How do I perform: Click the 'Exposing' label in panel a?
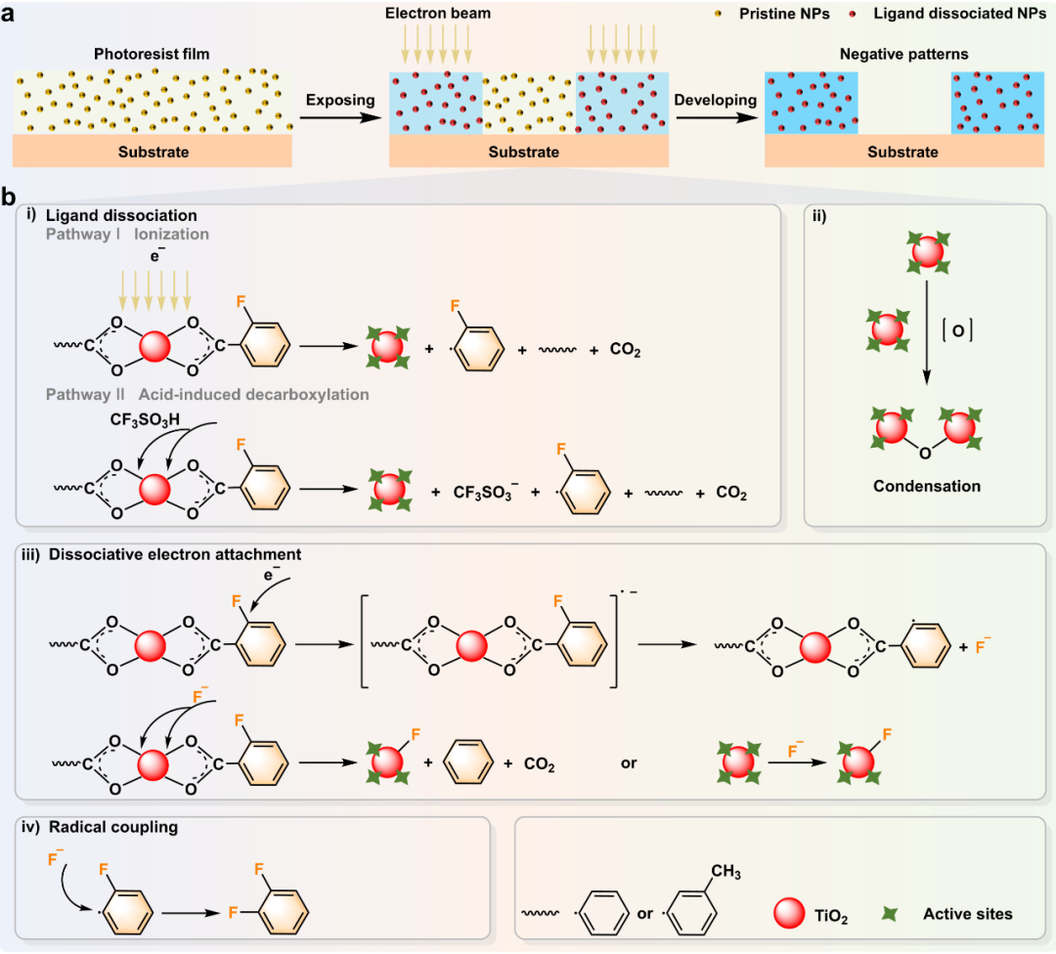coord(340,101)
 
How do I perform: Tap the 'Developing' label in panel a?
coord(715,101)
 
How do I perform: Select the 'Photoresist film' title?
coord(152,54)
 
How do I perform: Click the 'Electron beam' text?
coord(438,13)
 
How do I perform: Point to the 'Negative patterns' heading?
coord(903,55)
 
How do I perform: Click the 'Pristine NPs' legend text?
coord(784,14)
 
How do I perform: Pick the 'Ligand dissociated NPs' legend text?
coord(960,14)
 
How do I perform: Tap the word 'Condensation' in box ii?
coord(927,486)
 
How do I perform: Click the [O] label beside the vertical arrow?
coord(957,330)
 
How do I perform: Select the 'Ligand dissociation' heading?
coord(121,215)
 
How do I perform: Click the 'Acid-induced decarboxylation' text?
coord(254,395)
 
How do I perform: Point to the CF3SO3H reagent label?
coord(145,420)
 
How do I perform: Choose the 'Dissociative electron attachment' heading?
coord(175,554)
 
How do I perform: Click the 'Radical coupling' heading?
coord(113,827)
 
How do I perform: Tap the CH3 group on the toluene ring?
coord(726,872)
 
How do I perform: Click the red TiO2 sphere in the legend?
coord(789,913)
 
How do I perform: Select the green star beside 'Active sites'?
coord(890,914)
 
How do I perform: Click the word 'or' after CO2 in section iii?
coord(629,763)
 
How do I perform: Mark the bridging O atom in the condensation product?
coord(925,454)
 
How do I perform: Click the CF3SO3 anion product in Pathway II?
coord(486,492)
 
